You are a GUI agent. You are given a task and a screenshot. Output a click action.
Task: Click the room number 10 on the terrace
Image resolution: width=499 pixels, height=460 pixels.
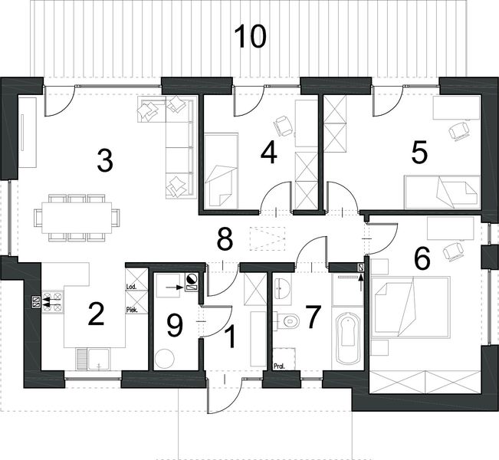(250, 37)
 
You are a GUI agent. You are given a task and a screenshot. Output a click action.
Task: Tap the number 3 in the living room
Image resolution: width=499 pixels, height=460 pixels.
(105, 161)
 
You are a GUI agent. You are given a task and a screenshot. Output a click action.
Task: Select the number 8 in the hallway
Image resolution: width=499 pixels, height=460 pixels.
(225, 238)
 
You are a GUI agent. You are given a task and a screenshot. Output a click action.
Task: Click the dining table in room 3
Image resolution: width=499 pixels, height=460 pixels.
(77, 218)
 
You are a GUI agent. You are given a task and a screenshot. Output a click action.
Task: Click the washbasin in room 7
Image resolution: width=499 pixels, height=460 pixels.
(282, 288)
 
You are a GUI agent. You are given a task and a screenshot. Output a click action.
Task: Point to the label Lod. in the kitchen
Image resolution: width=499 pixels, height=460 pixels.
(131, 287)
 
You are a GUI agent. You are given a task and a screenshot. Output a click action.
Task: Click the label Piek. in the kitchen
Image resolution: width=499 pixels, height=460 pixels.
(132, 310)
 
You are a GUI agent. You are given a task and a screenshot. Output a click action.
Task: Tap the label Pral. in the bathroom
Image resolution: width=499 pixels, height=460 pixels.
(280, 366)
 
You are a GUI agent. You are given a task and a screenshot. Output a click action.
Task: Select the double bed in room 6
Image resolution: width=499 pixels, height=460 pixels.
(411, 307)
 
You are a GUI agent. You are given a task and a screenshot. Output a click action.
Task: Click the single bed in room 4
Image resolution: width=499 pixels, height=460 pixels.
(222, 171)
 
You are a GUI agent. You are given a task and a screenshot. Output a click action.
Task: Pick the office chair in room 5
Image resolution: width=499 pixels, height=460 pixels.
(458, 130)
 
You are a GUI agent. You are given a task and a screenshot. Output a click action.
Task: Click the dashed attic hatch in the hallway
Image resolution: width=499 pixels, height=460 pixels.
(268, 238)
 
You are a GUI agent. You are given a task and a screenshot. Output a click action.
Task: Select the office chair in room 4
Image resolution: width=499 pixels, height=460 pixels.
(283, 126)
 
